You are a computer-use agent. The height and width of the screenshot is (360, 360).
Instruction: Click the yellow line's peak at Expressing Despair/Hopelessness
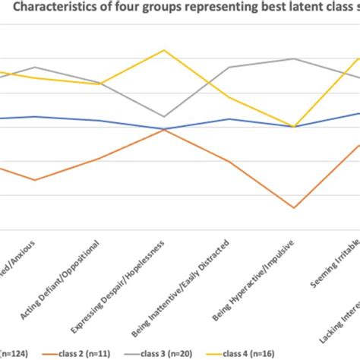click(163, 50)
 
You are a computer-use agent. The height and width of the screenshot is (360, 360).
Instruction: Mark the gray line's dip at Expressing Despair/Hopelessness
click(163, 117)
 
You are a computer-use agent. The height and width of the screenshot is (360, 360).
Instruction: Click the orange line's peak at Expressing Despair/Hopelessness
click(163, 130)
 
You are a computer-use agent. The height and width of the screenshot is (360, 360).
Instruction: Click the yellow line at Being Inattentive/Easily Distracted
click(229, 96)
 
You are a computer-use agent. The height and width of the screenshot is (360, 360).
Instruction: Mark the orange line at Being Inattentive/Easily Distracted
click(229, 161)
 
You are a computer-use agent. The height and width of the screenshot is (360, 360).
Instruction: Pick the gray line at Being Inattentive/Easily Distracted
click(229, 67)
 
